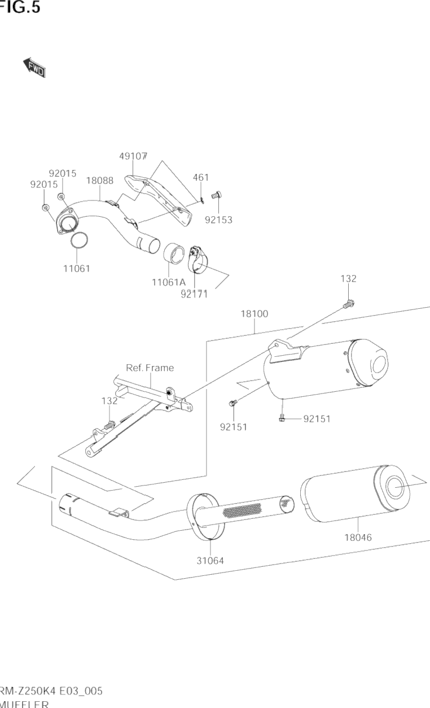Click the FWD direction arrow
pos(34,67)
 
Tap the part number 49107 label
pos(133,155)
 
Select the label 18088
pos(99,181)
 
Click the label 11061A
pos(168,282)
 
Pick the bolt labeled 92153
pos(216,195)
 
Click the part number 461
pos(201,178)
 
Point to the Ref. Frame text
pos(150,368)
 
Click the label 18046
pos(358,537)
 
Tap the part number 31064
pos(210,561)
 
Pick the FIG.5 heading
pos(20,8)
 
